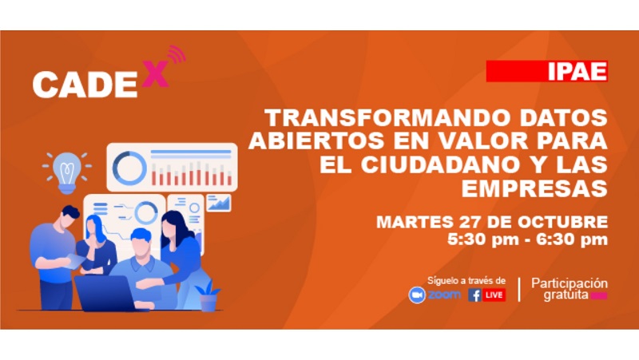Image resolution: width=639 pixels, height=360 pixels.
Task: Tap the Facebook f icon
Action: pyautogui.click(x=474, y=295)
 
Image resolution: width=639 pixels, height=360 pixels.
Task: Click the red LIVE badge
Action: pyautogui.click(x=494, y=295)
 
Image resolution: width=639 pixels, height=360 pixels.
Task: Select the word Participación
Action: pyautogui.click(x=570, y=283)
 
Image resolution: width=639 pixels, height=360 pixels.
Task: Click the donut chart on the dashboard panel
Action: pyautogui.click(x=129, y=167)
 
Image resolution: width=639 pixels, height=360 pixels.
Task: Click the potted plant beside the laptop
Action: pyautogui.click(x=208, y=297)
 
